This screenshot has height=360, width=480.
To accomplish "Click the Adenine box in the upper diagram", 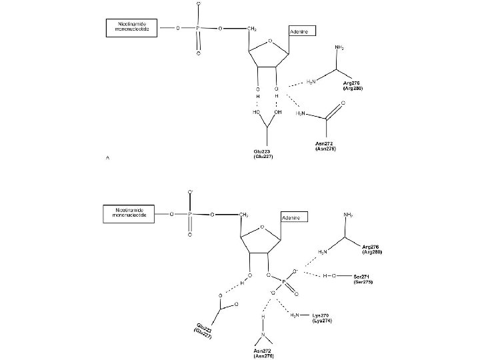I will pos(301,32).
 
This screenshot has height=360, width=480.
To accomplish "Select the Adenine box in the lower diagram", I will pos(293,218).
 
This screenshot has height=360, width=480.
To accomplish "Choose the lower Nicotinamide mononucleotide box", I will pos(129,214).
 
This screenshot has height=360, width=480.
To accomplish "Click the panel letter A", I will pos(107,157).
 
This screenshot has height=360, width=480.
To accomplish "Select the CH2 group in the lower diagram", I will pos(243,215).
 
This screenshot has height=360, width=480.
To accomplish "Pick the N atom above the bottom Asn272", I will pos(263,333).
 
